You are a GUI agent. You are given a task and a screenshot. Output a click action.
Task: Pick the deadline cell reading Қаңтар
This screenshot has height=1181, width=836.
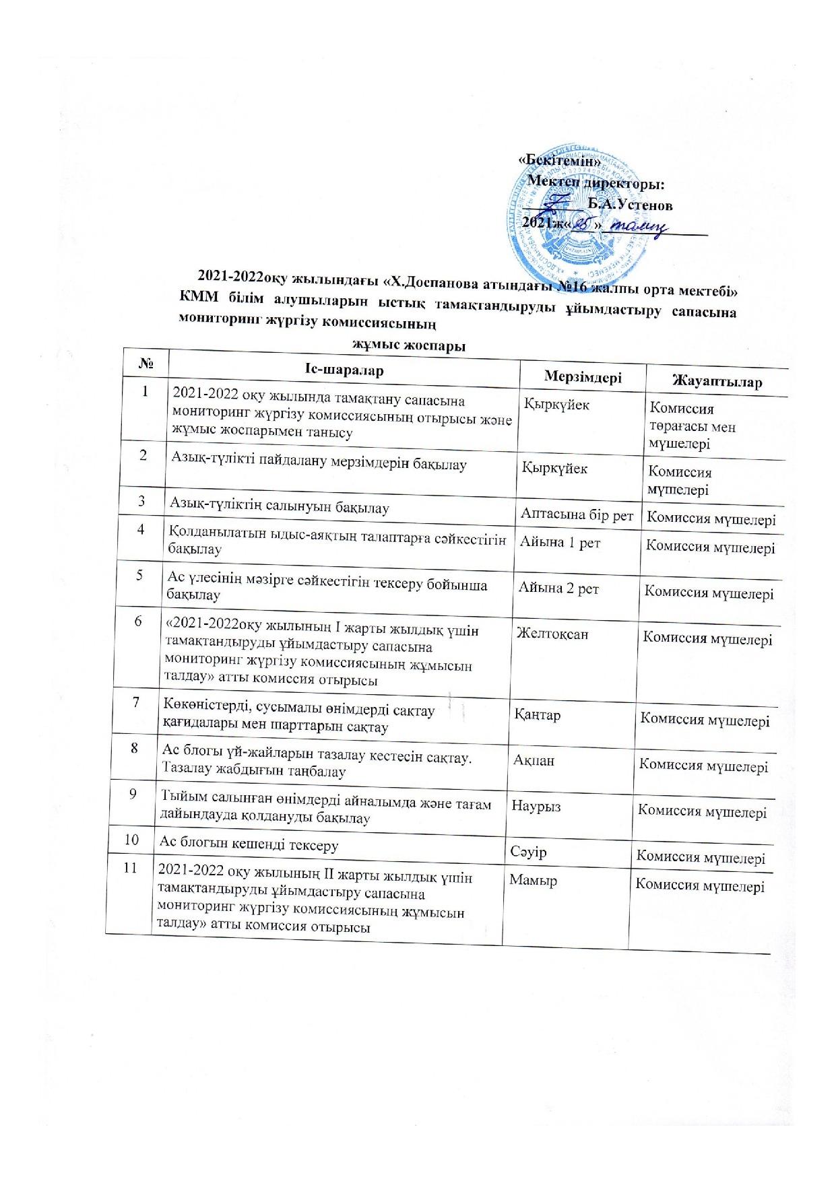pos(538,714)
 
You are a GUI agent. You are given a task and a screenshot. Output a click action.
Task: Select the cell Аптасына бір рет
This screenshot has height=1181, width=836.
pos(577,515)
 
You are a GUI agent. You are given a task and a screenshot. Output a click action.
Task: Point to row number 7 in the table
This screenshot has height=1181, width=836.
pos(136,702)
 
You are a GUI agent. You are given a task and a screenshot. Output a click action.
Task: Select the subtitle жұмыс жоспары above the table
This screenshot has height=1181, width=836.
pos(410,346)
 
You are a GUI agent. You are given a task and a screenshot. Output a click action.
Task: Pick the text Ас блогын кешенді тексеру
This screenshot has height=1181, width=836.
pos(249,844)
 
